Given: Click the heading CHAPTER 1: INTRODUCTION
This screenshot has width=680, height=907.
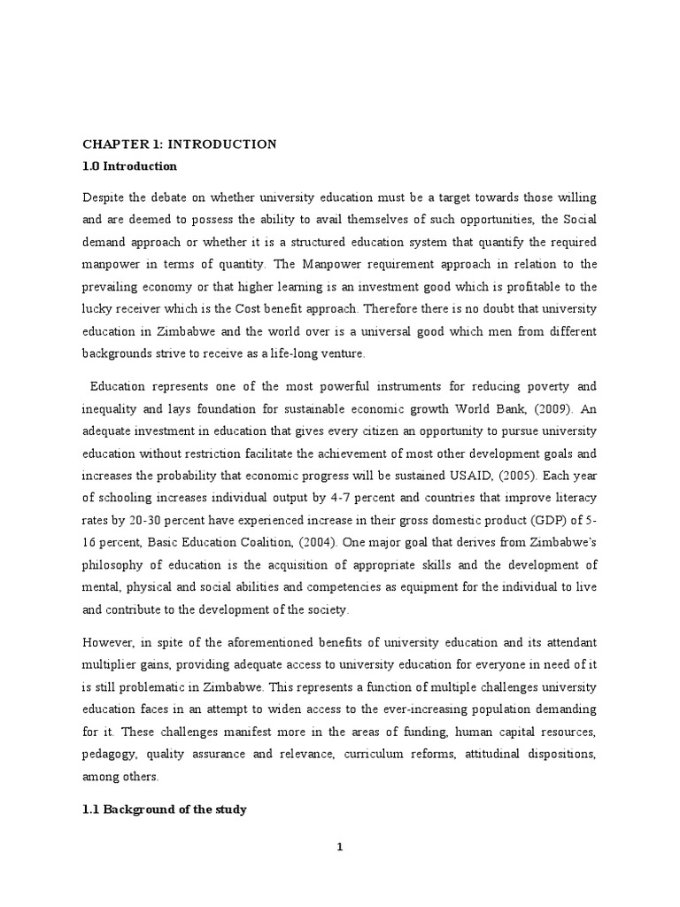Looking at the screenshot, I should [180, 144].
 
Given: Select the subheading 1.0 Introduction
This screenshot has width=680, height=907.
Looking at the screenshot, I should [129, 167].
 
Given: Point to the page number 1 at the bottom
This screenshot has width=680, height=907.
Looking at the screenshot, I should [339, 847].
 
